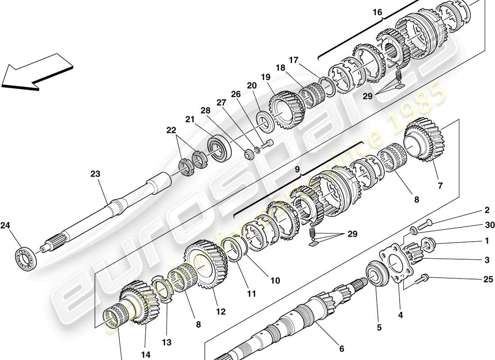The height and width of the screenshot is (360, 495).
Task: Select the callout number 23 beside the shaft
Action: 95,174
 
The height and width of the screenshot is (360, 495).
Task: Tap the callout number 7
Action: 440,185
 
